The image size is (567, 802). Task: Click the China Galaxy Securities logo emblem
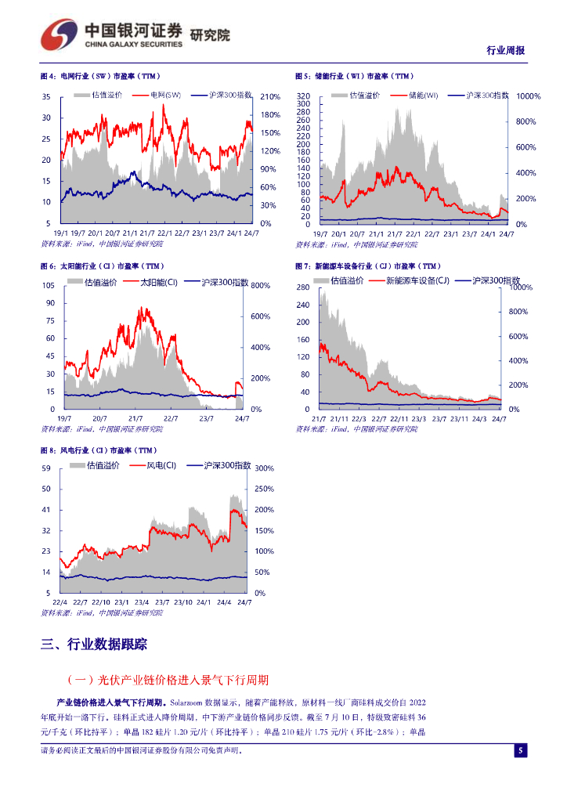[x=58, y=35]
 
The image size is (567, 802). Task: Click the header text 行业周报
[x=506, y=51]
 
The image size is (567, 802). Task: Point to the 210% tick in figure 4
[x=270, y=97]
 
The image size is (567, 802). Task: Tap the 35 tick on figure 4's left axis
[x=46, y=97]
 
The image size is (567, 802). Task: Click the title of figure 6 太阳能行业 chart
[x=102, y=266]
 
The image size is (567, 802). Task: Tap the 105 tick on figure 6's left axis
[x=48, y=285]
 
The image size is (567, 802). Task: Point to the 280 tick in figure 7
[x=304, y=288]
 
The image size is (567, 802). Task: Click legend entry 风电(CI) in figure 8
[x=161, y=465]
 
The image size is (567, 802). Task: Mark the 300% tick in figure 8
[x=264, y=468]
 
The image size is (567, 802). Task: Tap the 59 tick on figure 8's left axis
[x=45, y=468]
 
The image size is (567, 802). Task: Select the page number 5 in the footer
[x=520, y=751]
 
